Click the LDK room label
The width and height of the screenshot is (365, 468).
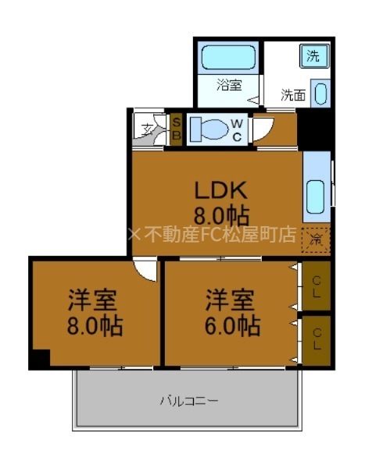click(220, 190)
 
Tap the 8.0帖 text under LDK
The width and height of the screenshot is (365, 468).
click(220, 214)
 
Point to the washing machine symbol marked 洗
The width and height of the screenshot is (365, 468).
click(313, 55)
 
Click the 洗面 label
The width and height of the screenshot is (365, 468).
click(294, 96)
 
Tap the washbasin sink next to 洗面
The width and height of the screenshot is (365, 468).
click(320, 94)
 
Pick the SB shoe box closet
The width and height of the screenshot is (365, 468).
click(177, 128)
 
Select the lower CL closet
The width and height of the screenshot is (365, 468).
click(317, 339)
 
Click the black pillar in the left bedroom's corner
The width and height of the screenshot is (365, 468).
click(39, 359)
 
